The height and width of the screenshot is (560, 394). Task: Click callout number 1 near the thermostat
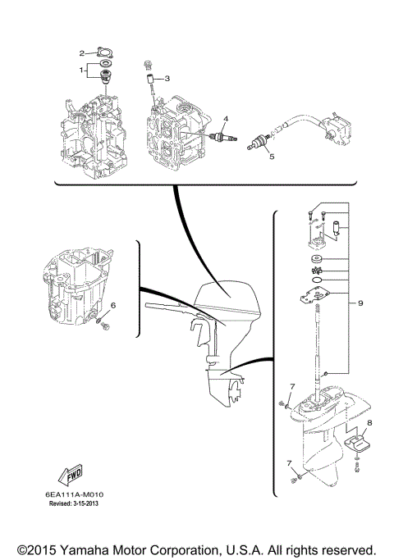[81, 70]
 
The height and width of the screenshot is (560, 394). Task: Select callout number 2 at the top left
[82, 52]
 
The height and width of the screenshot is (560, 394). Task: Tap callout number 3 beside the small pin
[167, 79]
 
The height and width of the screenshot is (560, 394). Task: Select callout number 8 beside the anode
[369, 423]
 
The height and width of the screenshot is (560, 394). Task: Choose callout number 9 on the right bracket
[360, 304]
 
